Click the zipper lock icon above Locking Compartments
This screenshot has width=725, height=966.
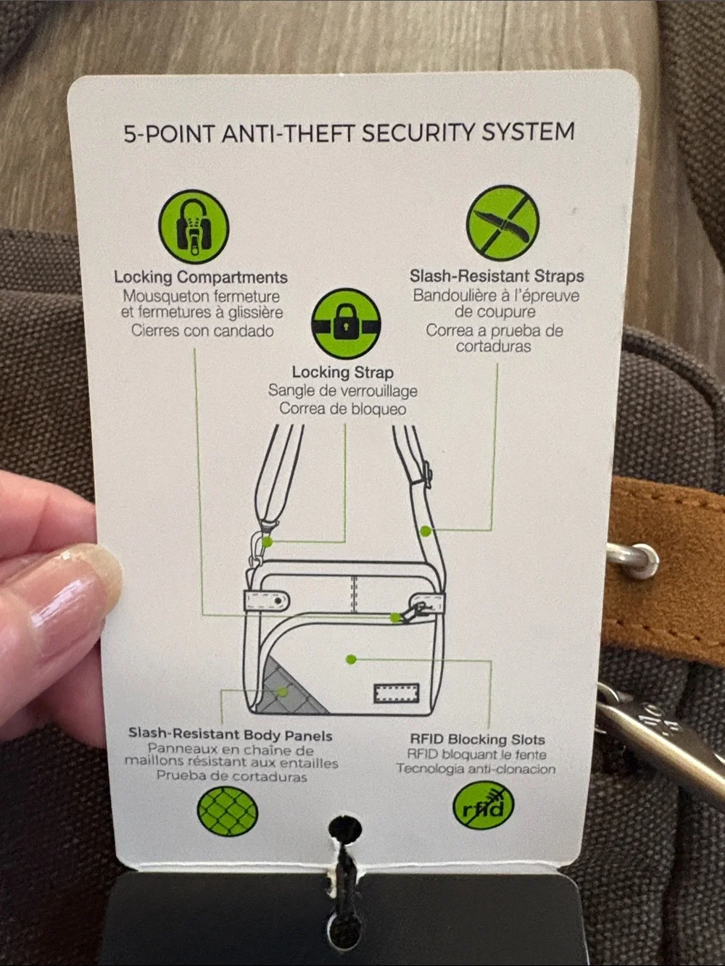click(194, 226)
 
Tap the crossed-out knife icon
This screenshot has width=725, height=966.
click(502, 222)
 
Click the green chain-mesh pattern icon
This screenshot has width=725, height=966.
click(227, 812)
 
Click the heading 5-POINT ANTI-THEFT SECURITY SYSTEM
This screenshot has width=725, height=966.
click(349, 133)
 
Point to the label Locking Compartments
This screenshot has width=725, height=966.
click(201, 278)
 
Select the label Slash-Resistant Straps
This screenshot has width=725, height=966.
click(497, 276)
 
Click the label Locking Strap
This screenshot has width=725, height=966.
click(342, 372)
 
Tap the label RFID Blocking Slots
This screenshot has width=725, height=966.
click(477, 739)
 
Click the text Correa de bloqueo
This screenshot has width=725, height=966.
click(342, 409)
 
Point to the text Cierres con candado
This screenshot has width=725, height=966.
click(202, 330)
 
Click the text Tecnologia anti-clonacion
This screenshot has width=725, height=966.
click(476, 768)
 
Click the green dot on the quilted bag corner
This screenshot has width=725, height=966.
click(282, 692)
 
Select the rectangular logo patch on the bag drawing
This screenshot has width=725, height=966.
click(396, 693)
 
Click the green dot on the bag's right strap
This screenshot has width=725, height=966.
click(425, 532)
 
